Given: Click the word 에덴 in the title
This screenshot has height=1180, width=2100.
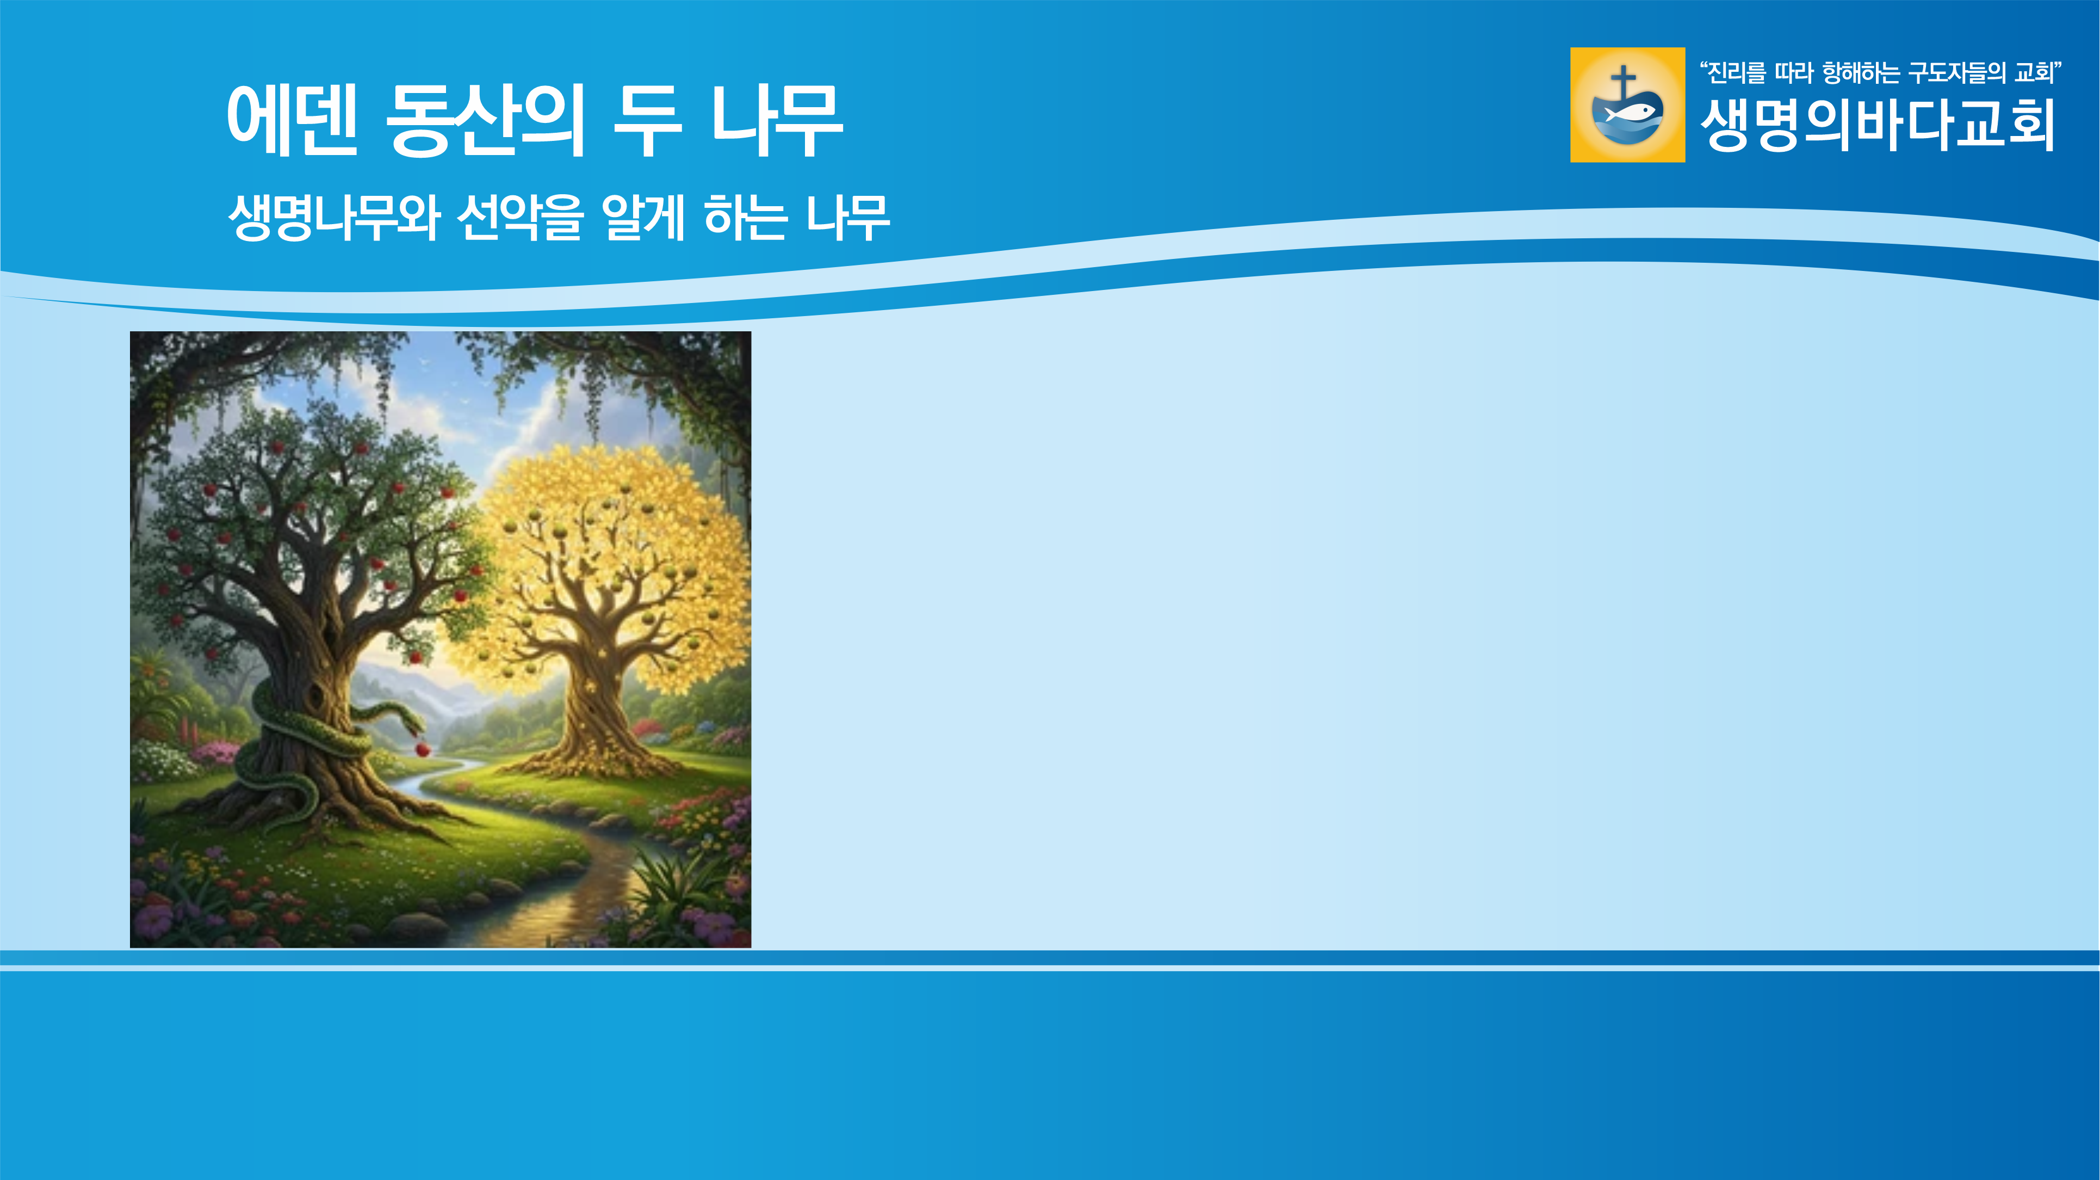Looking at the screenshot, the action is coord(292,121).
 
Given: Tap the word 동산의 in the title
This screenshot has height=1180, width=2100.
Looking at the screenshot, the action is coord(485,121).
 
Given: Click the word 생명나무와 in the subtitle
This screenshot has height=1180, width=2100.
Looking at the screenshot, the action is coord(334,218).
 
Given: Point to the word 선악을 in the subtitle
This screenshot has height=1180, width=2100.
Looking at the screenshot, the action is coord(520,218).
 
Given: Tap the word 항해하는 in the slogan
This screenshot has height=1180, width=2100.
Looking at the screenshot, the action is coord(1861,73).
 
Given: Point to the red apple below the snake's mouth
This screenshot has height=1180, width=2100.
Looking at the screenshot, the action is coord(422,749).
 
